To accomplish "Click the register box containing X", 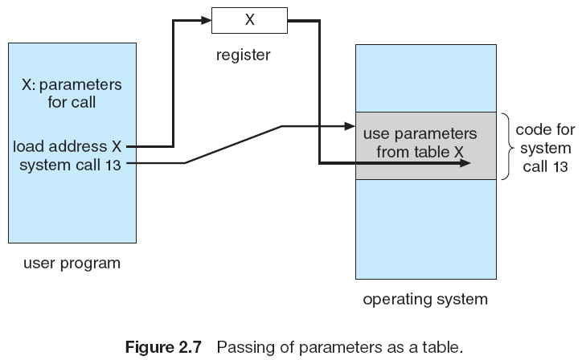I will pyautogui.click(x=249, y=21).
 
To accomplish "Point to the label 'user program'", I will pyautogui.click(x=72, y=263).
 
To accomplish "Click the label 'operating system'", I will pyautogui.click(x=425, y=300).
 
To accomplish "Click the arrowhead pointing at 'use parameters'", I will pyautogui.click(x=350, y=125).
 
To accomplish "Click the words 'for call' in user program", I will pyautogui.click(x=72, y=103).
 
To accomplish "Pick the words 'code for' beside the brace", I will pyautogui.click(x=543, y=129).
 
